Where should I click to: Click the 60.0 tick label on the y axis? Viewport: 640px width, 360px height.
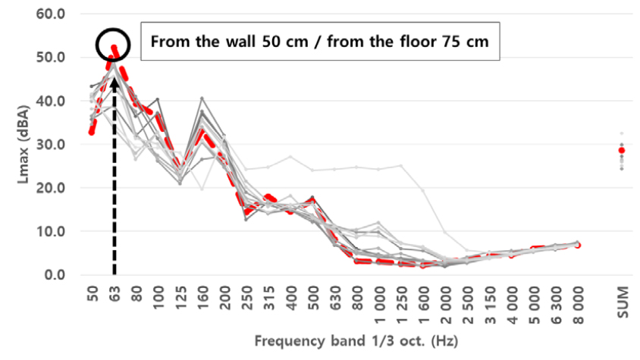click(52, 14)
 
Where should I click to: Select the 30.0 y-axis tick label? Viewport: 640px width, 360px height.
click(52, 144)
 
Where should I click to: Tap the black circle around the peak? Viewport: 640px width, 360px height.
click(114, 45)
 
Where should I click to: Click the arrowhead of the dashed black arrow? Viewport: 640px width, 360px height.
click(114, 76)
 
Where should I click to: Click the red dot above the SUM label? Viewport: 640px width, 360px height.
click(622, 150)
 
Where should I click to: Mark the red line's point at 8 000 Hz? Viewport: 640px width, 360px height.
click(579, 245)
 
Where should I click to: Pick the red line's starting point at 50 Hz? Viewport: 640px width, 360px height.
click(92, 131)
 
